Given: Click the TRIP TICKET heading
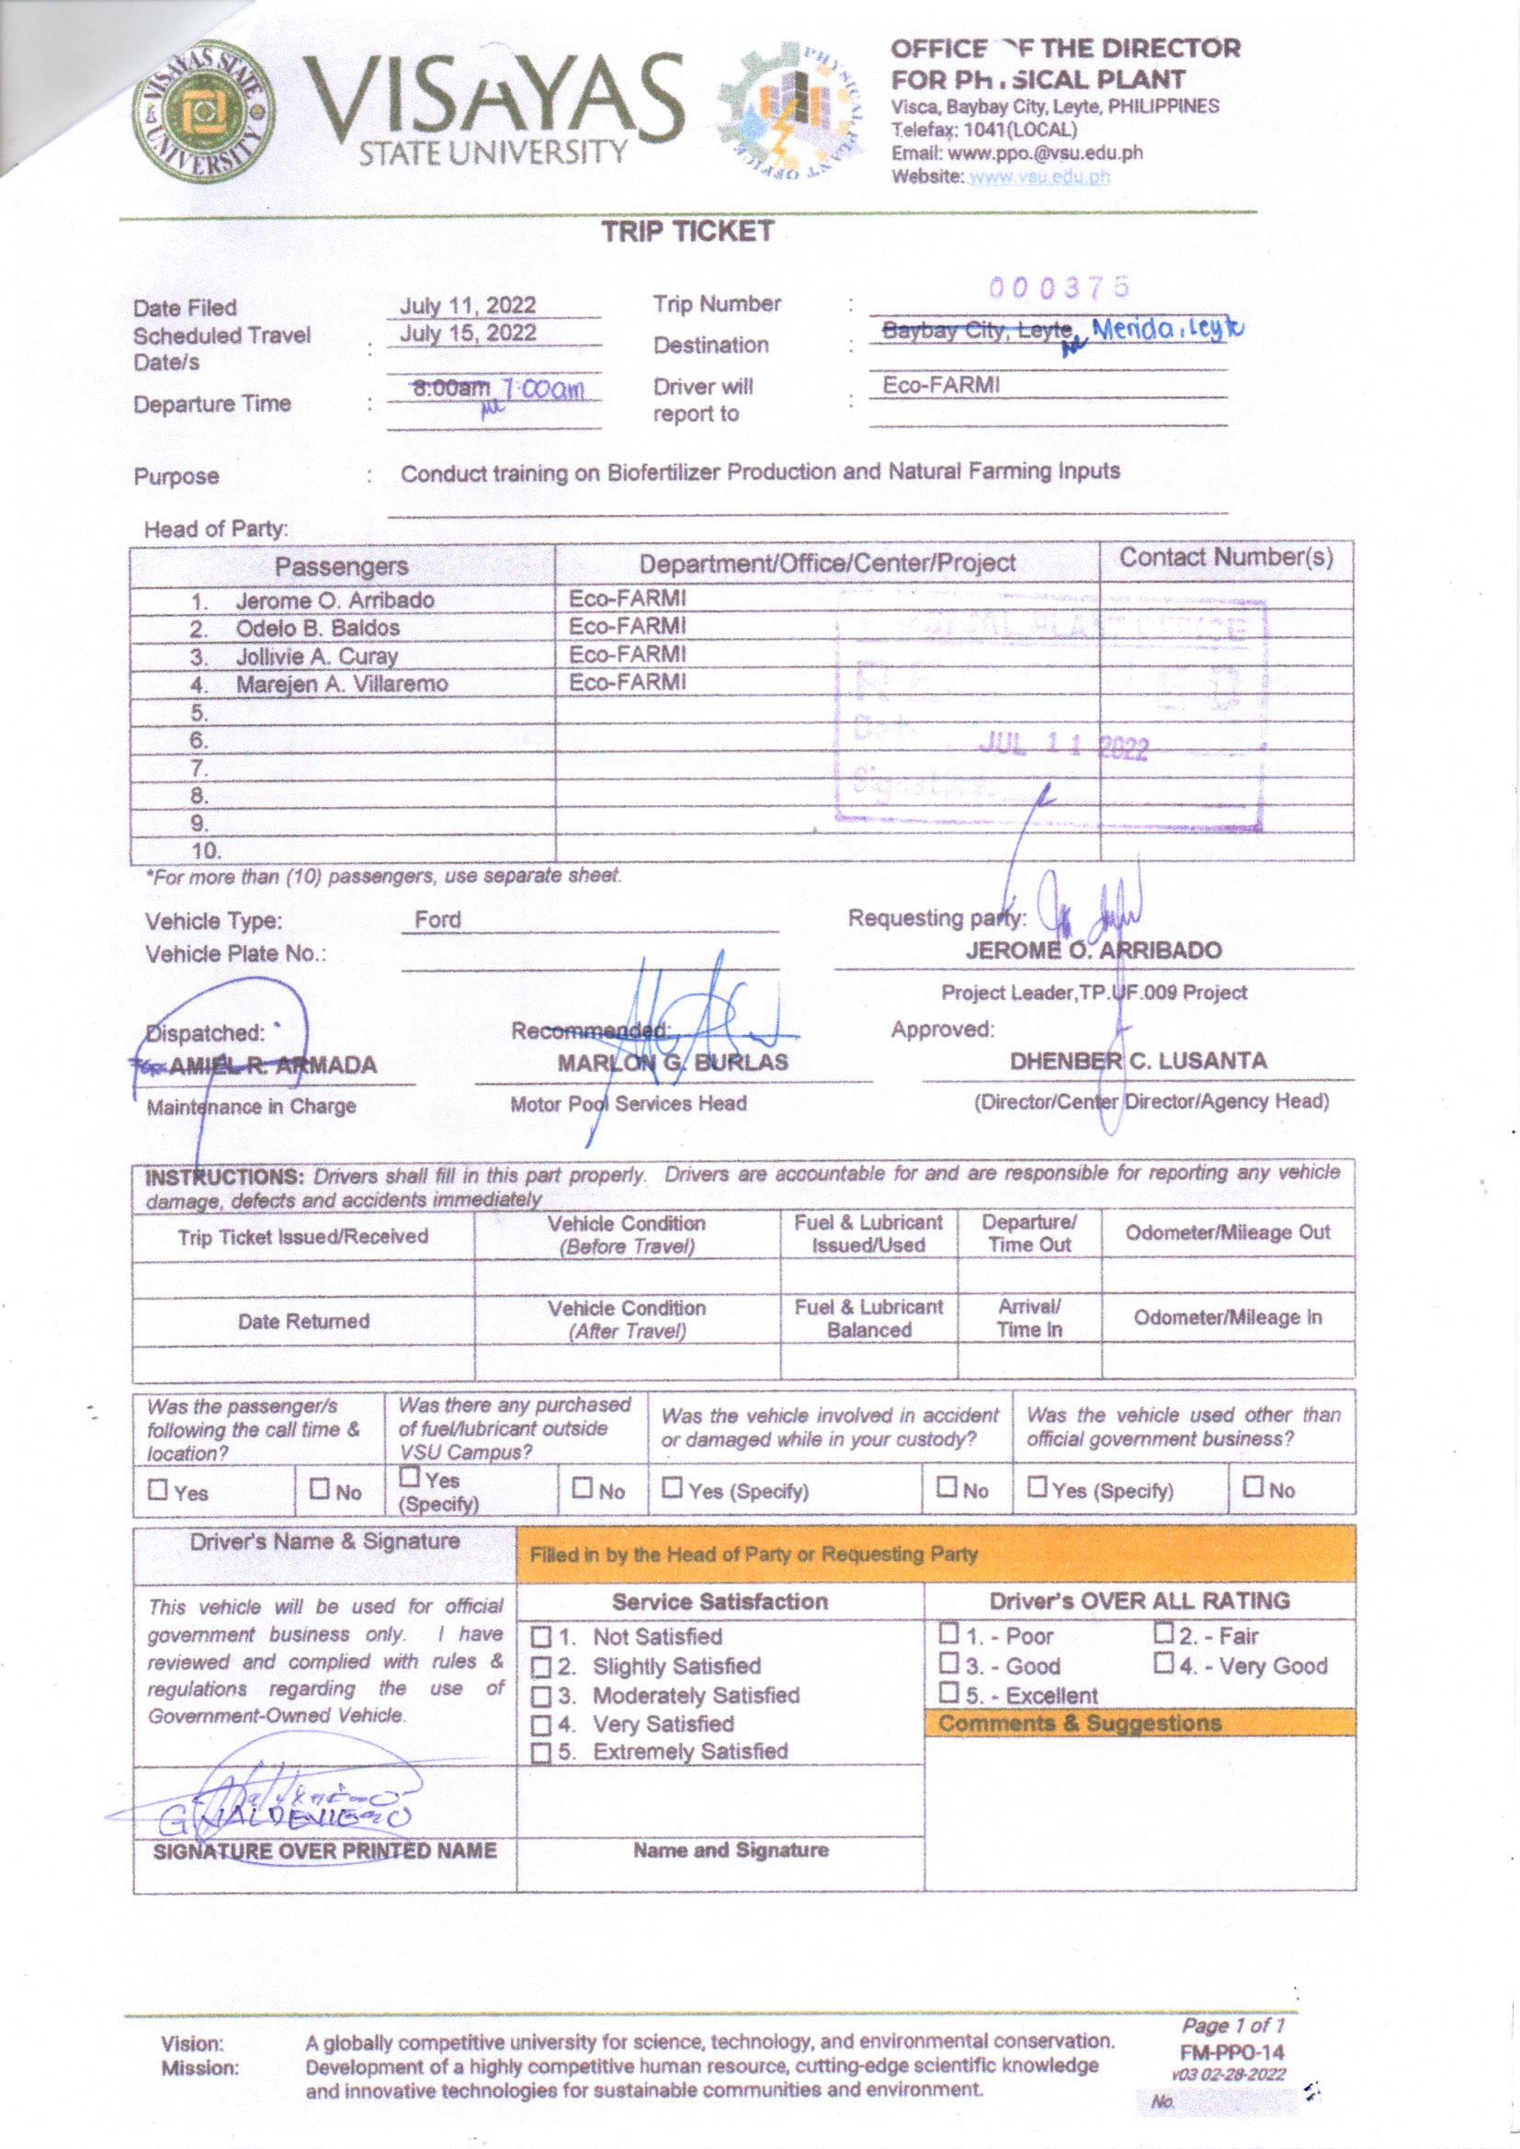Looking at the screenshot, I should tap(687, 233).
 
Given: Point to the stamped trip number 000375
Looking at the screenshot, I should tap(1060, 288).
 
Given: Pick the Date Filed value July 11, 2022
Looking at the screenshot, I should tap(468, 306).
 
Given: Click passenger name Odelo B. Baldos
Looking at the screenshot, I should tap(317, 628).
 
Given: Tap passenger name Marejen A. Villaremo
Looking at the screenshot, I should tap(341, 684).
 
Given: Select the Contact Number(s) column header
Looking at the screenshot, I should tap(1226, 558).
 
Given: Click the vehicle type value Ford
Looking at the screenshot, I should tap(438, 920).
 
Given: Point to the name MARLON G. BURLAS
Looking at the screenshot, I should tap(673, 1063).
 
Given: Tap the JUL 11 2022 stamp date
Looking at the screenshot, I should tap(1063, 746).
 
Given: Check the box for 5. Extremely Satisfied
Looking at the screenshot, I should tap(540, 1753).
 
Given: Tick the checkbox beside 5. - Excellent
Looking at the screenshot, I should tap(949, 1692).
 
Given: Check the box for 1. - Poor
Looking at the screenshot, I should tap(949, 1633).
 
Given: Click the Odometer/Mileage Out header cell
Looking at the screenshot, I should tap(1227, 1233).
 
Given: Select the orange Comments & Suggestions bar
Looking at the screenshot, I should tap(1139, 1723).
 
